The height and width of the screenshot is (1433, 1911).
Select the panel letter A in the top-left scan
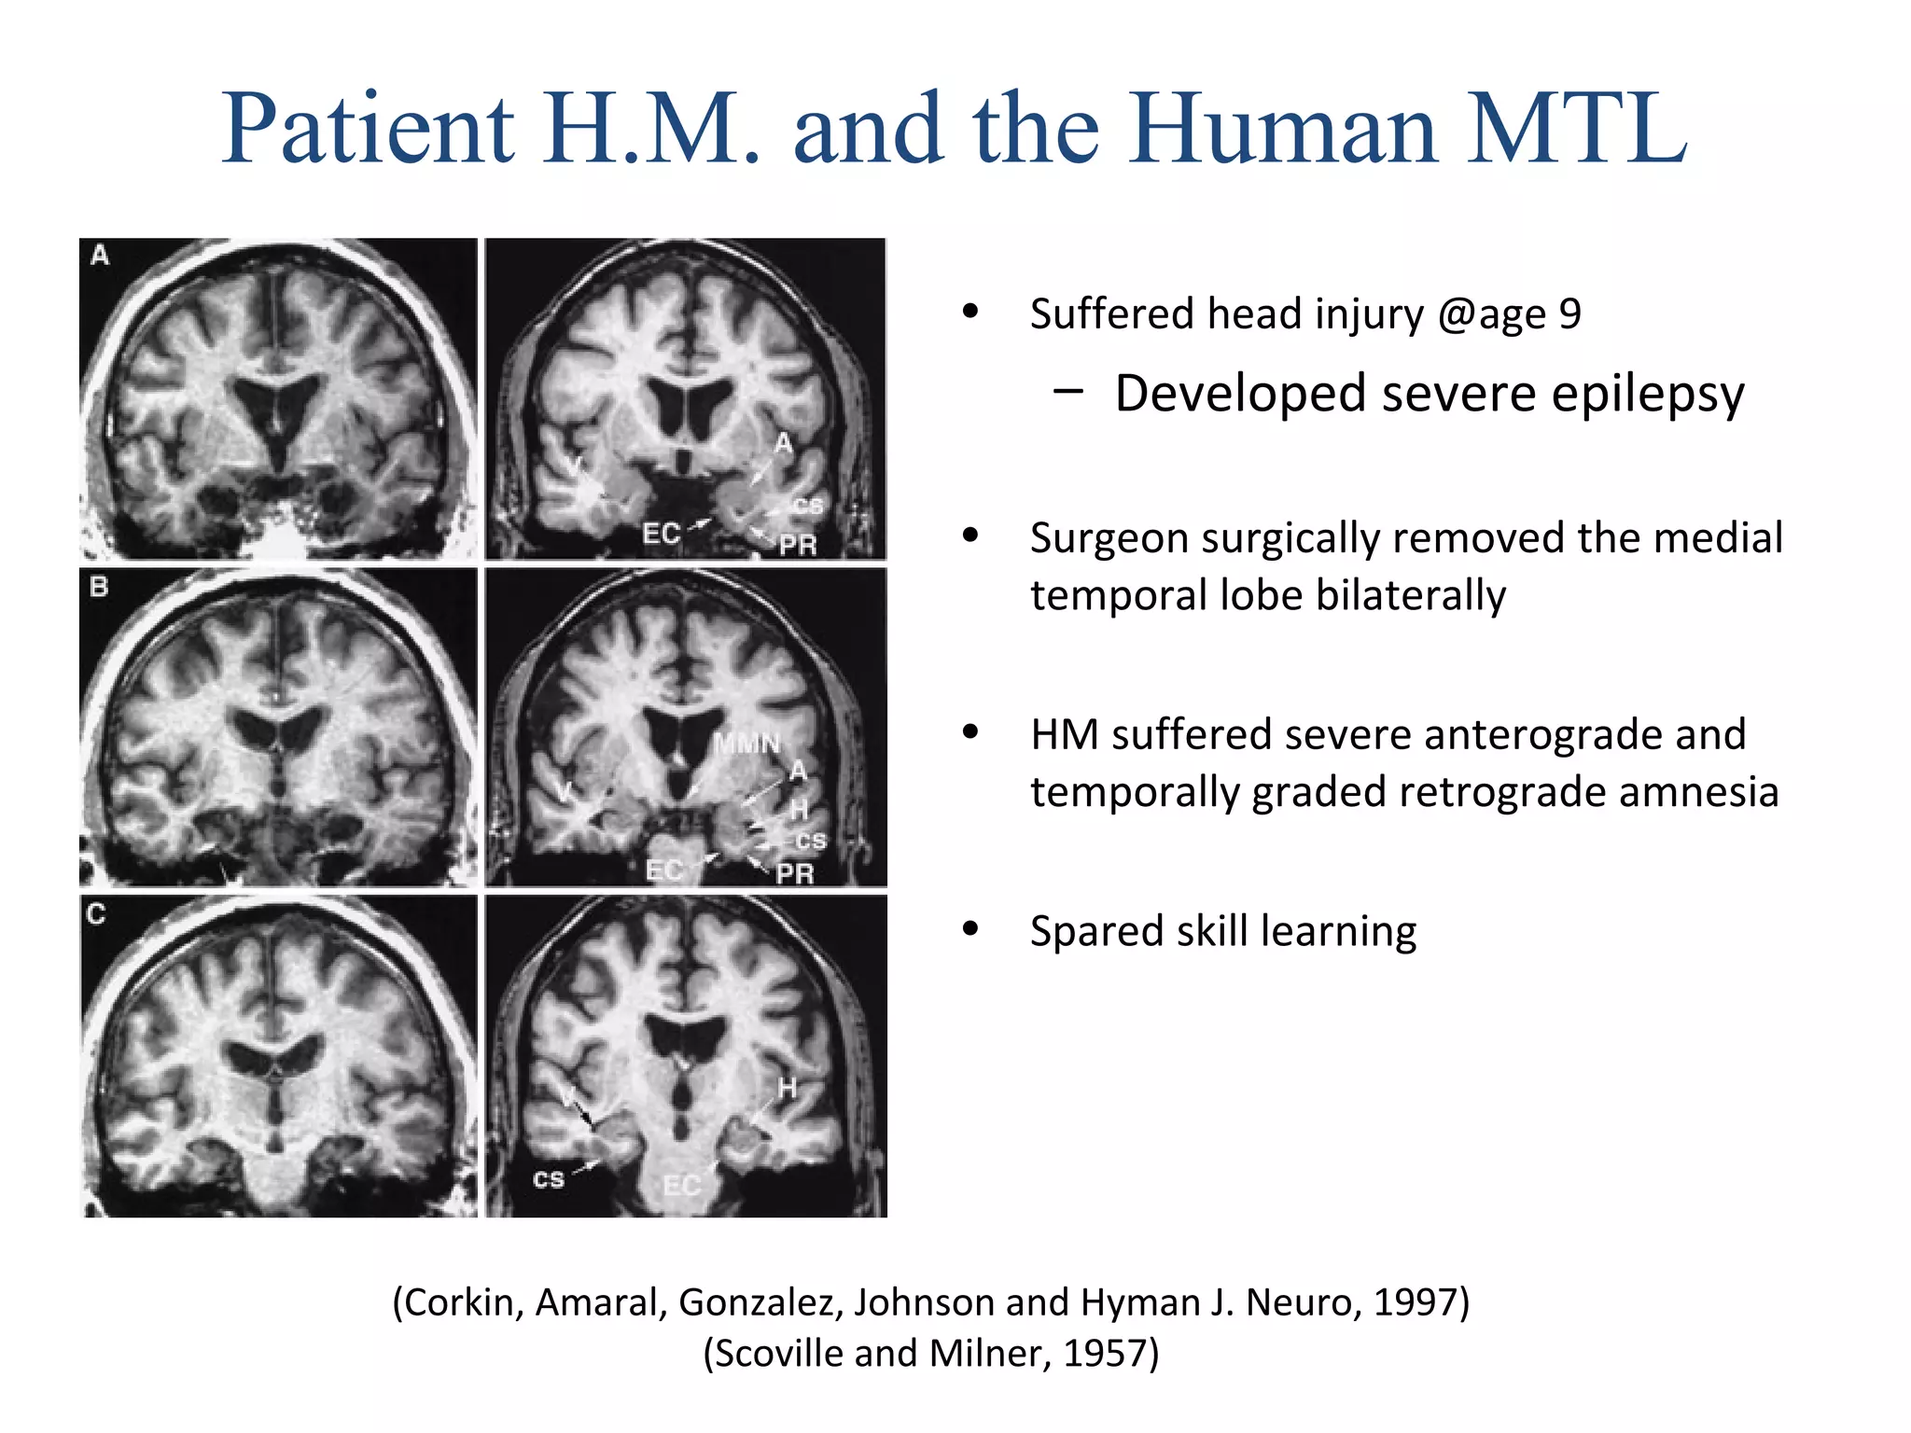click(100, 255)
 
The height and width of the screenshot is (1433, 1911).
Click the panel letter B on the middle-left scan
click(99, 587)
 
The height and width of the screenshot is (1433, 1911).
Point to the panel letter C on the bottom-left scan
click(96, 913)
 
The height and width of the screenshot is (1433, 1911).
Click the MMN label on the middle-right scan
click(746, 744)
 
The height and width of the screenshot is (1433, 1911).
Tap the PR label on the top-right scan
click(798, 545)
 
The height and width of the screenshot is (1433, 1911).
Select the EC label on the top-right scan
click(661, 534)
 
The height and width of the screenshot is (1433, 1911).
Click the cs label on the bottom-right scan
click(549, 1179)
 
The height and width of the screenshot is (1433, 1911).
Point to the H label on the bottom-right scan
click(788, 1088)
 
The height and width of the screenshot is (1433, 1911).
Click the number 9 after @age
click(1570, 314)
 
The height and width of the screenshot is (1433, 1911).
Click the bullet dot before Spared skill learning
click(971, 929)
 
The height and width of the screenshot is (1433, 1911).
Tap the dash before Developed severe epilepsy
click(1067, 392)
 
